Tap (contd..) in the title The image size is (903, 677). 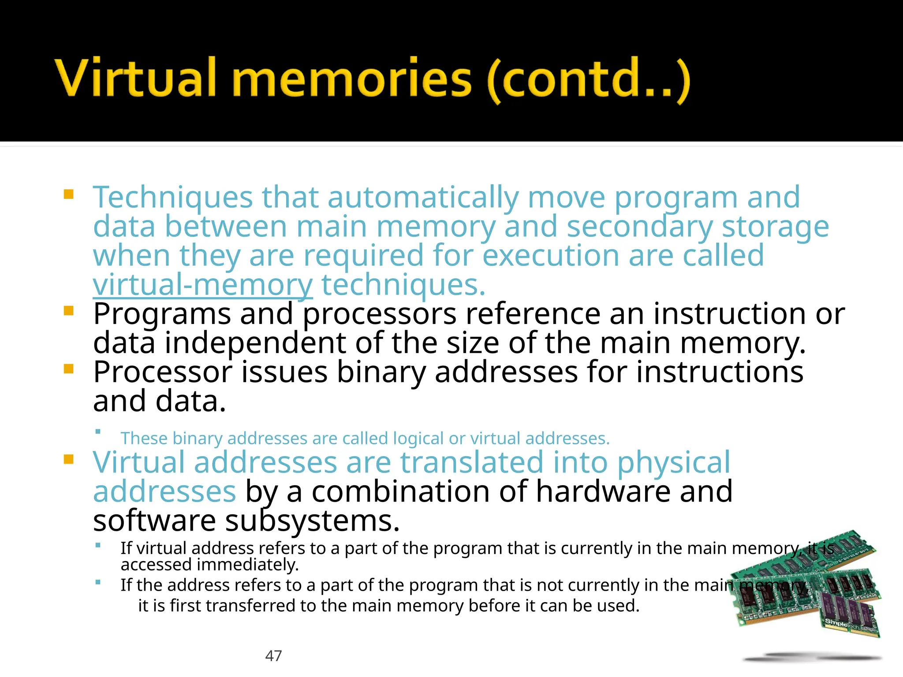(x=589, y=79)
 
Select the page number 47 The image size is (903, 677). (x=273, y=656)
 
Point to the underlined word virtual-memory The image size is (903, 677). (x=202, y=285)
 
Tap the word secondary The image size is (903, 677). (x=639, y=227)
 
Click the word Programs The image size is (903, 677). (x=162, y=314)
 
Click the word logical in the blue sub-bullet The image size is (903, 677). (x=418, y=439)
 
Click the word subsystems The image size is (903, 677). (x=312, y=521)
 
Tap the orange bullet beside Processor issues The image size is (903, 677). (x=68, y=368)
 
